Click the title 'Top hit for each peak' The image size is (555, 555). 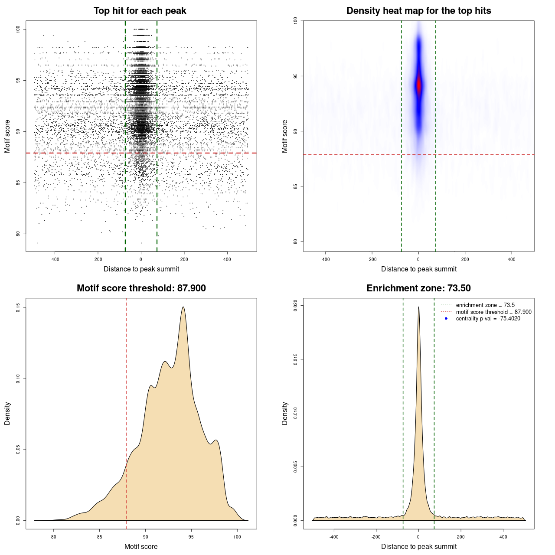[x=140, y=11]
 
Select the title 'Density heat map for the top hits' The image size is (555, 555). [x=418, y=11]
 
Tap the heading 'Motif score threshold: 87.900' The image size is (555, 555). [x=141, y=288]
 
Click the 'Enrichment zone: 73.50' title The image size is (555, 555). [x=418, y=288]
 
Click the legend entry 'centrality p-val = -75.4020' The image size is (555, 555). [x=488, y=319]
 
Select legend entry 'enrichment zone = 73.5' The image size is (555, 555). [x=485, y=305]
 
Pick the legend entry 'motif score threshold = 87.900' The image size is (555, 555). [x=493, y=312]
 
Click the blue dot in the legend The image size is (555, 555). [x=446, y=319]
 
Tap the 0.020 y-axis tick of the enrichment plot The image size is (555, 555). [x=296, y=306]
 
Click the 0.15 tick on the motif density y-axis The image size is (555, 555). [x=18, y=308]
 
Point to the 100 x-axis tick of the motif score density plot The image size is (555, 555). [x=237, y=537]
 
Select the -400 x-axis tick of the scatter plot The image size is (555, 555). [x=55, y=259]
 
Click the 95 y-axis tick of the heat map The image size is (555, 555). [x=296, y=76]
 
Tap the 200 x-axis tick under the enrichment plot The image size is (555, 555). [x=461, y=537]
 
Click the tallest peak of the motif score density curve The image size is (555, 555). [x=183, y=307]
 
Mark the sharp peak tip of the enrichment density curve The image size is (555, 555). [x=418, y=307]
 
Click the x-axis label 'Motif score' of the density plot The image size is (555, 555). [x=141, y=546]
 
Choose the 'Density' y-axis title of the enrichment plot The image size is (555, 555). [x=285, y=413]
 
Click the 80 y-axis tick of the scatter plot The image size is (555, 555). [x=18, y=234]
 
